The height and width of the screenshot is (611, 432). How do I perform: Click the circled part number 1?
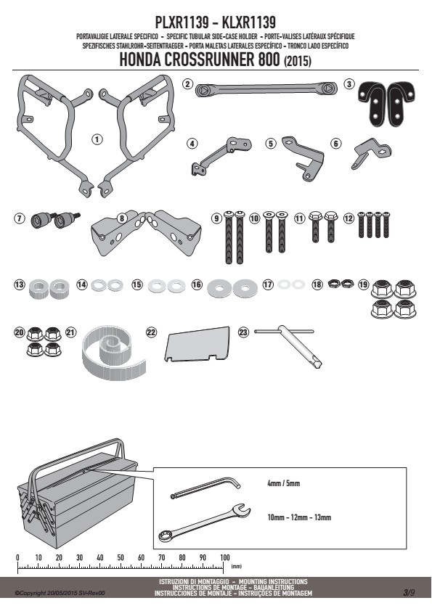coord(97,139)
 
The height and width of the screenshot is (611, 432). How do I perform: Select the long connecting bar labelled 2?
coord(265,89)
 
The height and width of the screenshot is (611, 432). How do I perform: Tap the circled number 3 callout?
coord(349,83)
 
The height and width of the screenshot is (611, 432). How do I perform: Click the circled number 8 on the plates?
coord(122,218)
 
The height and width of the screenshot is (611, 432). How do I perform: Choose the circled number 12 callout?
coord(349,218)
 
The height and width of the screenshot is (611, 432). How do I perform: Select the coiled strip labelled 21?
coord(113,353)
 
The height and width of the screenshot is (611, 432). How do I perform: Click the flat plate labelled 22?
coord(197,344)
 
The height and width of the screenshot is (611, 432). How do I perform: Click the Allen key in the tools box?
coord(206,488)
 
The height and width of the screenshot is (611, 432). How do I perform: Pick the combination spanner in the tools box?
coord(204,523)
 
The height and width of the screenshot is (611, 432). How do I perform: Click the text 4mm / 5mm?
coord(283,483)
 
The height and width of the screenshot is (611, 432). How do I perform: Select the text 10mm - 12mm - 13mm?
coord(299,517)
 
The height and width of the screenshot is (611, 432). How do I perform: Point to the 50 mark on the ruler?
coord(121,557)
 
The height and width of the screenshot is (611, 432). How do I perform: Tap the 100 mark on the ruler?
coord(225,557)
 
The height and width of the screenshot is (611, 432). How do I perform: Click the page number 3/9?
coord(409,593)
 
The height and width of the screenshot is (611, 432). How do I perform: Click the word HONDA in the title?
coord(139,60)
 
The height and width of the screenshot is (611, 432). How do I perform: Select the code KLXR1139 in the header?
coord(249,22)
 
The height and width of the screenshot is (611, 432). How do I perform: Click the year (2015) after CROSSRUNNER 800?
coord(298,61)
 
